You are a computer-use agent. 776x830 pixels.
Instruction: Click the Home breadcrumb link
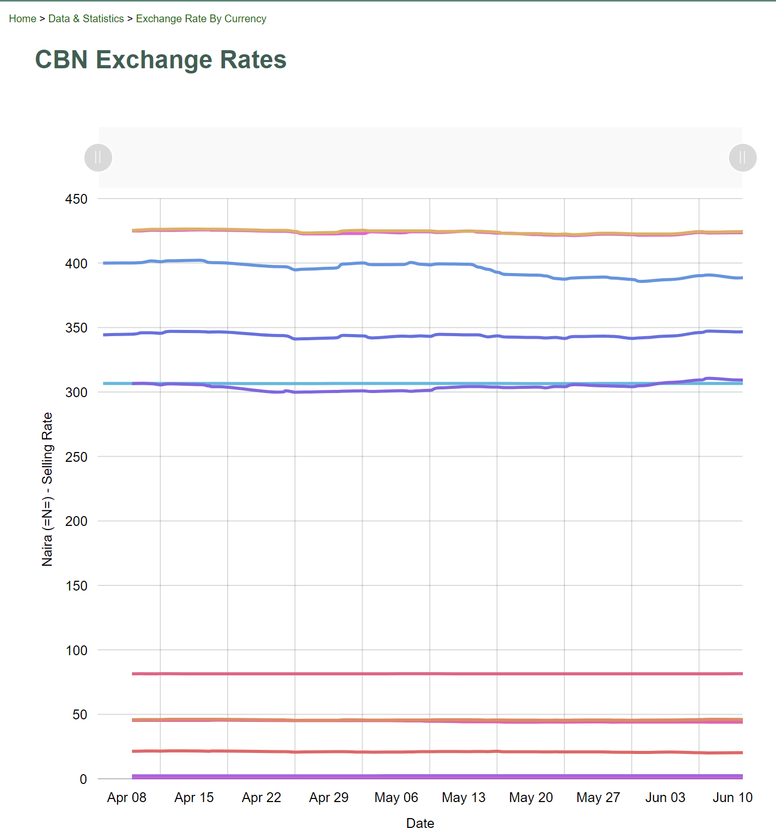[22, 19]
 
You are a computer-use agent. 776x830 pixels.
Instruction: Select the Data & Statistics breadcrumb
[86, 19]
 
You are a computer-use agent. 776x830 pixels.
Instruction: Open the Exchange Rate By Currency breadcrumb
[201, 19]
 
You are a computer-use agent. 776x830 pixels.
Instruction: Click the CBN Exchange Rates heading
[160, 59]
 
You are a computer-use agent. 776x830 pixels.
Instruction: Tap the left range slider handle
[98, 157]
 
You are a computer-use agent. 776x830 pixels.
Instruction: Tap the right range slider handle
[742, 157]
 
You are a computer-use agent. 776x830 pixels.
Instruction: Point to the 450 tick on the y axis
[76, 199]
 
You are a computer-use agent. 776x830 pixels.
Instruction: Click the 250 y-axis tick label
[76, 457]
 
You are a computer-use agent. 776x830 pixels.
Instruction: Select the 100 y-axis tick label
[76, 651]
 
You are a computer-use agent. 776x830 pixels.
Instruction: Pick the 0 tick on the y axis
[83, 779]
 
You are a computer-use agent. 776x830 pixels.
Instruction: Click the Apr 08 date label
[127, 797]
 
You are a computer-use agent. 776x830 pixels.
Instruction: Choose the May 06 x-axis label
[396, 797]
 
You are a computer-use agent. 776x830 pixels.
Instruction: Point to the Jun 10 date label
[733, 797]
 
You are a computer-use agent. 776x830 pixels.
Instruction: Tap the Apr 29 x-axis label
[329, 797]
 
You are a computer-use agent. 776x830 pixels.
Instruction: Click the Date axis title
[420, 823]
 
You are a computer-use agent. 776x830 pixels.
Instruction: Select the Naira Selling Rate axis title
[47, 489]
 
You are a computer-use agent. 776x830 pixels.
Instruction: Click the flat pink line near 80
[414, 674]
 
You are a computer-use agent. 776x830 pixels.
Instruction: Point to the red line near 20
[414, 751]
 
